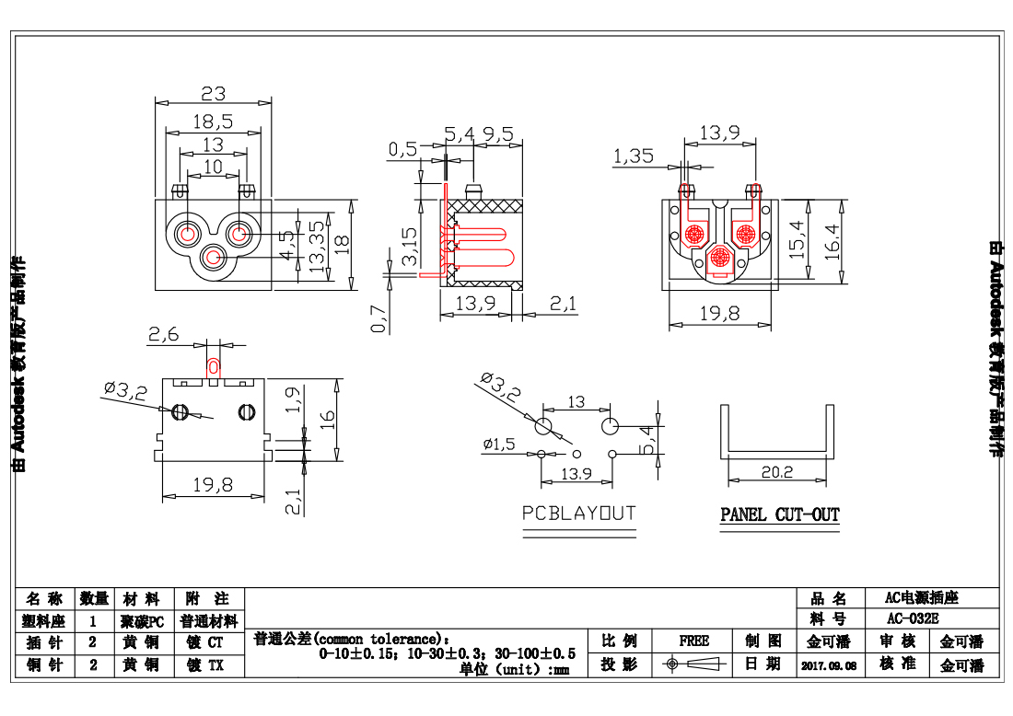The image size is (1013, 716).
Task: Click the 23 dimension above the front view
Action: coord(213,93)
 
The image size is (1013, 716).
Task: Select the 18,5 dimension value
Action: coord(213,121)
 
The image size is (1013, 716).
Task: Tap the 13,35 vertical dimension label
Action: coord(317,247)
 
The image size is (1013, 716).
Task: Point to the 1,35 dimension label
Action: coord(633,156)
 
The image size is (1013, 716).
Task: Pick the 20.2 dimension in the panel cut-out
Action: coord(777,472)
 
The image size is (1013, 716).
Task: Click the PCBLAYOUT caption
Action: coord(578,513)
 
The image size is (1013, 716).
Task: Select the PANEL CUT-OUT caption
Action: coord(779,514)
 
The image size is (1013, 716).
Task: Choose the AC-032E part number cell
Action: coord(913,618)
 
